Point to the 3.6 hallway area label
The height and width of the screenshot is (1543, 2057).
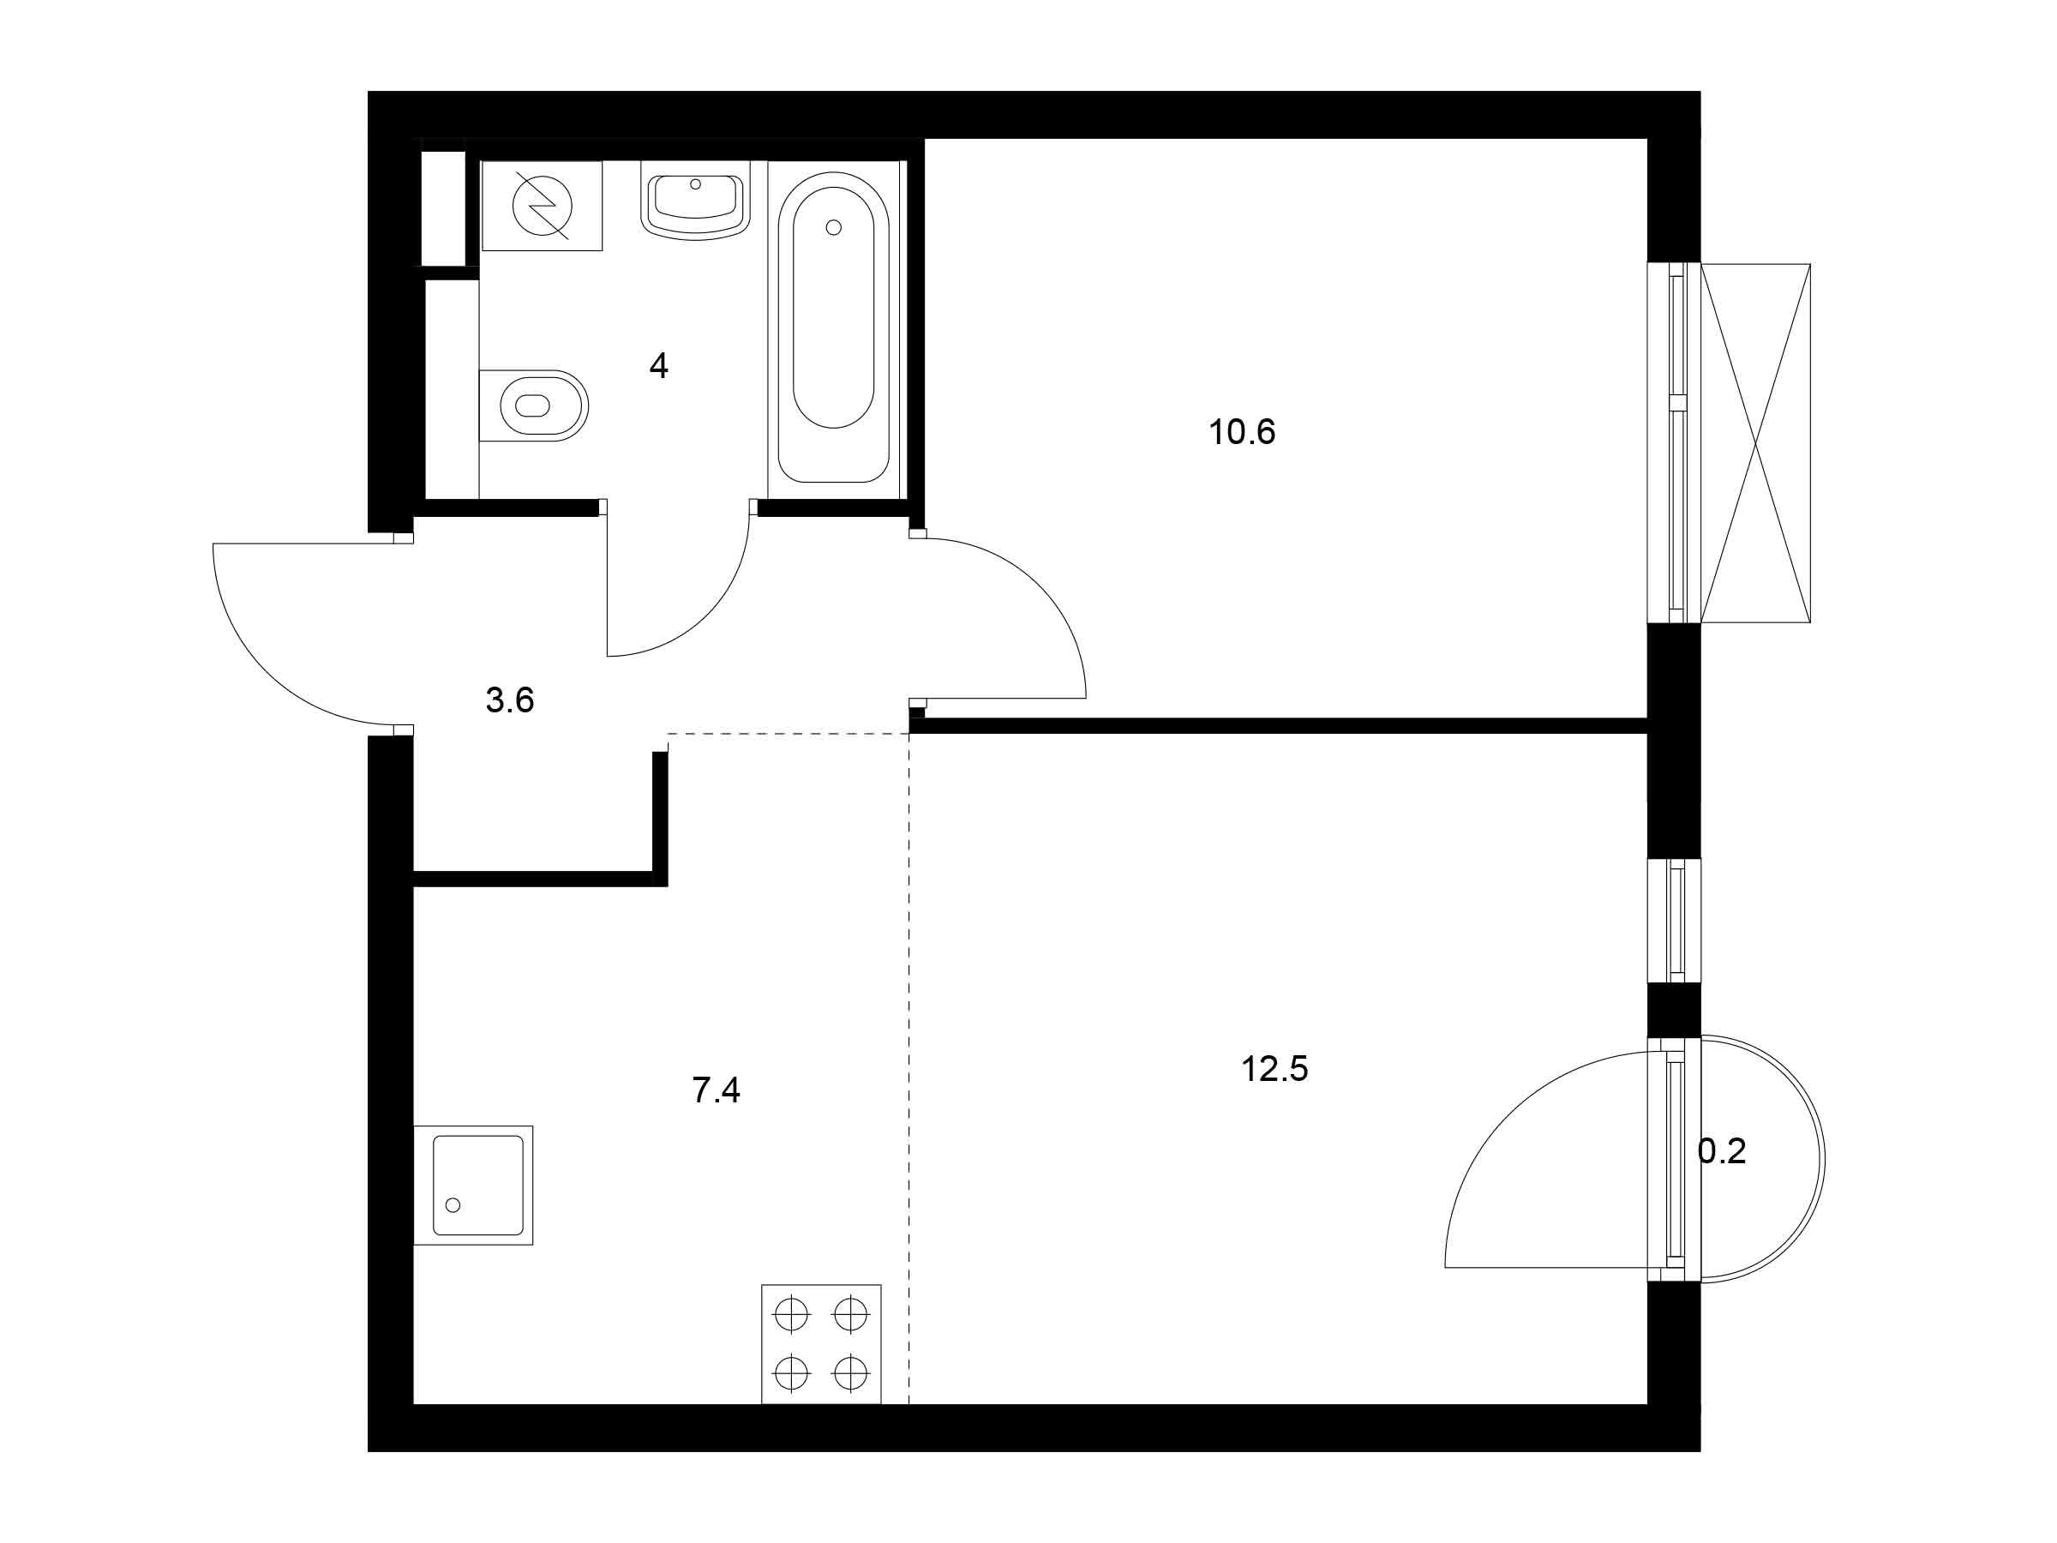point(510,700)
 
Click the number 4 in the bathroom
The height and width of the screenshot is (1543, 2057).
point(658,366)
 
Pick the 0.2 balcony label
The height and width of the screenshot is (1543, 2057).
point(1721,1151)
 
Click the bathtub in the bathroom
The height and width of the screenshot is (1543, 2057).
point(833,327)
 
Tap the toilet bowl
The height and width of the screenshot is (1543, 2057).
point(534,405)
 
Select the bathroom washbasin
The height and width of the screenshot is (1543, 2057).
point(696,201)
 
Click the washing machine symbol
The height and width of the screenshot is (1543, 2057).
point(543,206)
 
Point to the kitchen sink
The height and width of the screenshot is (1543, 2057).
point(473,1186)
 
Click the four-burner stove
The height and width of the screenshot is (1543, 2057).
point(821,1344)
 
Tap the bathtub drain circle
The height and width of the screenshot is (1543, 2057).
point(833,227)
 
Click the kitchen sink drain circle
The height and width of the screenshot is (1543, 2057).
point(453,1205)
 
